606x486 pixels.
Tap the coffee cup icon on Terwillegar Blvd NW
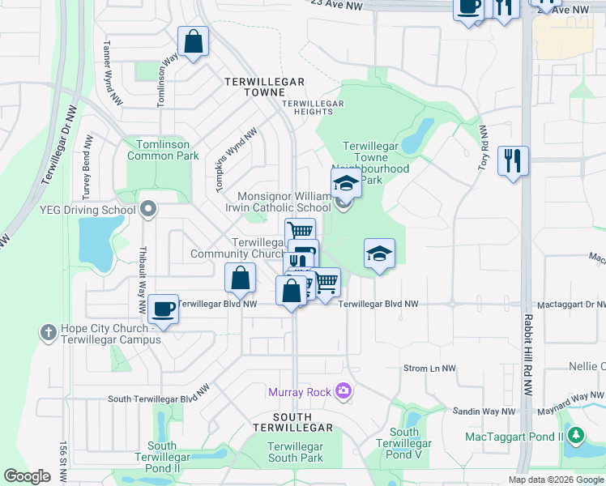(x=164, y=309)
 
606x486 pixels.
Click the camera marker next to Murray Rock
(x=344, y=392)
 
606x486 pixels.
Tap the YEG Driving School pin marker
(x=147, y=211)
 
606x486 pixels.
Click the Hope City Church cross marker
(x=48, y=332)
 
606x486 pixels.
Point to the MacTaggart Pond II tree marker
(x=576, y=437)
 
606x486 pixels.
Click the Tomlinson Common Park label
(x=163, y=149)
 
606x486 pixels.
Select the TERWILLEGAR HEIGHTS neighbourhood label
(x=313, y=109)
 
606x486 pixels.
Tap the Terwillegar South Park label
(x=296, y=452)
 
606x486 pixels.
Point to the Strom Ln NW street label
(x=429, y=369)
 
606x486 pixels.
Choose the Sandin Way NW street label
(x=484, y=411)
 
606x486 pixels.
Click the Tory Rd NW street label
(x=483, y=148)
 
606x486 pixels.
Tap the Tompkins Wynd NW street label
(x=236, y=160)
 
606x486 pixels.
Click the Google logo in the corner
(x=28, y=476)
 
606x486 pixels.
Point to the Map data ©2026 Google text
(x=556, y=480)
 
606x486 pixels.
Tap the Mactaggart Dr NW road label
(x=578, y=304)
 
